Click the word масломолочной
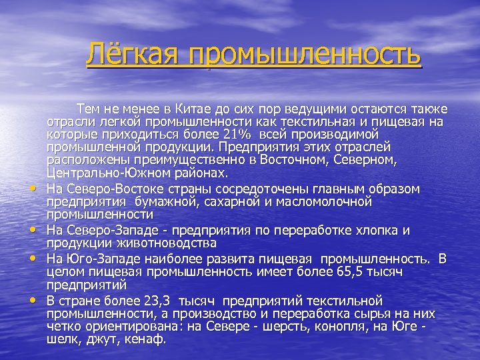coord(329,201)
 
